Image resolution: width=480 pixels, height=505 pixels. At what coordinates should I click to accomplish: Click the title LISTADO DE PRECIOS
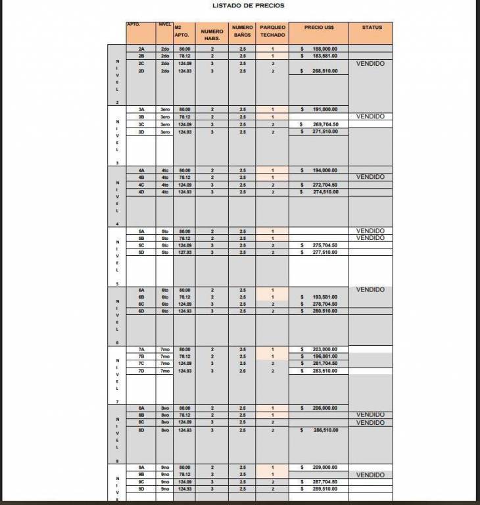coord(249,6)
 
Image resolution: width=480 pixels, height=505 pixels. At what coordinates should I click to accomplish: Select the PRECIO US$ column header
coord(320,28)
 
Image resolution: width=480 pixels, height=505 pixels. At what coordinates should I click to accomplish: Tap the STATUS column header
coord(372,28)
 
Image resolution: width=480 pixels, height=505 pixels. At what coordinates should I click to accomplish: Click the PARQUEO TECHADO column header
coord(272,31)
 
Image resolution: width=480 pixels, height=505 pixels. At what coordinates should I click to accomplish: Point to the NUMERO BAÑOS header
coord(243,31)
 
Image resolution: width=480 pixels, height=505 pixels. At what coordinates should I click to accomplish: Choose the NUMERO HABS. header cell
coord(212,34)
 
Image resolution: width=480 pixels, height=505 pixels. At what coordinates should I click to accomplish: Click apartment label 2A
coord(141,49)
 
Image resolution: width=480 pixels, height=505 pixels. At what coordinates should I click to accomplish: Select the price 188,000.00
coord(325,49)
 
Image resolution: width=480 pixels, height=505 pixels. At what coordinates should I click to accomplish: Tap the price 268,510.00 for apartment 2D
coord(325,71)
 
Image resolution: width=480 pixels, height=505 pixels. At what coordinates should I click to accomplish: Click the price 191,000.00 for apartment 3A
coord(325,109)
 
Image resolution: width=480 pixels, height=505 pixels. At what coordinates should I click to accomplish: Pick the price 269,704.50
coord(325,124)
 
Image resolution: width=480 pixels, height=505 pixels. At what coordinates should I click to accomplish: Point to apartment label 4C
coord(141,185)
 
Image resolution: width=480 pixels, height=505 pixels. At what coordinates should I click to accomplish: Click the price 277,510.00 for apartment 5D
coord(325,252)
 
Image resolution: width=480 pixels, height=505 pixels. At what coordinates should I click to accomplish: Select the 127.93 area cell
coord(184,252)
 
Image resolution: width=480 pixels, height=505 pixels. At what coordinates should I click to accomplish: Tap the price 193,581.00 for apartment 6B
coord(325,297)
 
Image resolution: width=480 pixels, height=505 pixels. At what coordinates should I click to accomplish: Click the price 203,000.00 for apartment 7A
coord(325,349)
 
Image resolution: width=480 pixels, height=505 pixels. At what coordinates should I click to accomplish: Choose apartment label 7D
coord(141,371)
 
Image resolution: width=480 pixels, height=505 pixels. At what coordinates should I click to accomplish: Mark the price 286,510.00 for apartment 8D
coord(325,430)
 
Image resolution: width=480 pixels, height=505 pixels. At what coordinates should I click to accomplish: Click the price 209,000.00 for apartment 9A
coord(325,467)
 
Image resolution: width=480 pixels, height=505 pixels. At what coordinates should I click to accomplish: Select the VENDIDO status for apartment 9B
coord(370,475)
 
